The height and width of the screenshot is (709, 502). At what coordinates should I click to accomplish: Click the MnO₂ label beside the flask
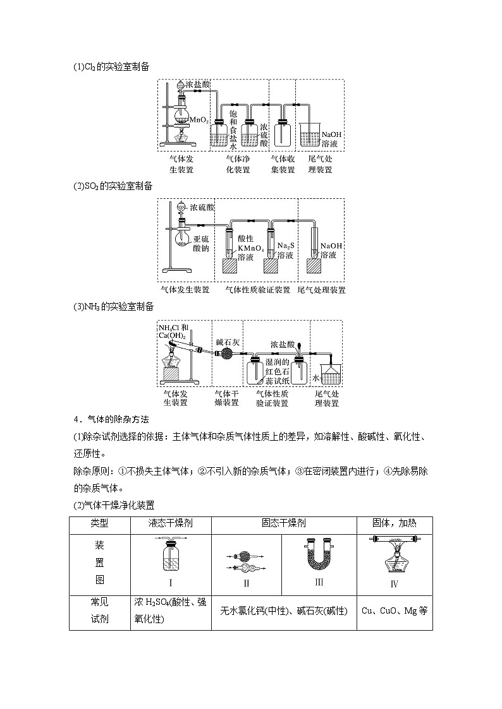(x=199, y=119)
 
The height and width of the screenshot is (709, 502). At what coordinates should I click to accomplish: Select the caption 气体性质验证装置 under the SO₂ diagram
(x=258, y=290)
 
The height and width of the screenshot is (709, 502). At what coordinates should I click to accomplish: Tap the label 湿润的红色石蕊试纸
(x=277, y=371)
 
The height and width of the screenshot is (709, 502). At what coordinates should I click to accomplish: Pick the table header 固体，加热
(x=394, y=523)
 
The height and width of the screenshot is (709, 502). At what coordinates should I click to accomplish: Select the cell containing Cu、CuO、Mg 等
(x=395, y=611)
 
